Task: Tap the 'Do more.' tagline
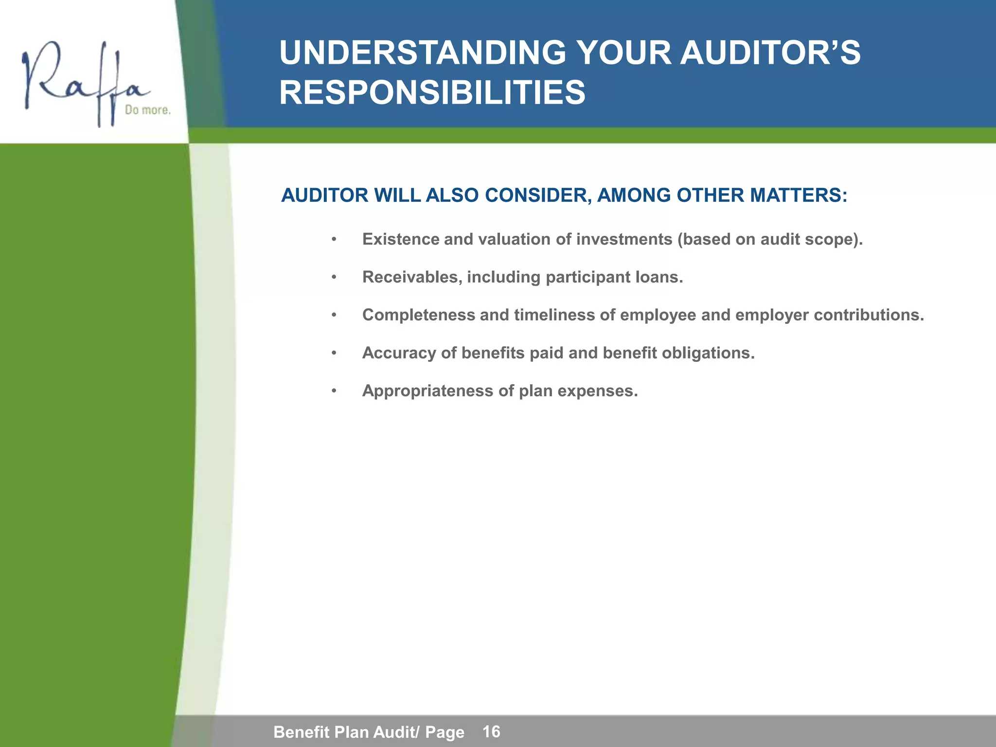tap(147, 110)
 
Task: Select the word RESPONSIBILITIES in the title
tap(432, 93)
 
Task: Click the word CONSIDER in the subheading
tap(537, 196)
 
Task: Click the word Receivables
tap(412, 277)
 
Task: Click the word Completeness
tap(418, 315)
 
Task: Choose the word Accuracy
tap(399, 353)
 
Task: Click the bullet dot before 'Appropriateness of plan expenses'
tap(334, 391)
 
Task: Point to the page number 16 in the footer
tap(491, 731)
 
